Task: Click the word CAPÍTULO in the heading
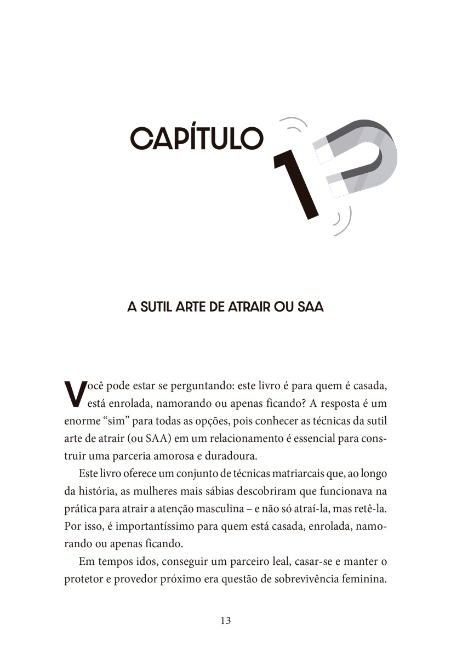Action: pos(197,139)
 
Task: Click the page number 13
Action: pos(225,621)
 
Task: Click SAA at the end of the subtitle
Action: pos(310,307)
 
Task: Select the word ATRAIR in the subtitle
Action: pos(244,307)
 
